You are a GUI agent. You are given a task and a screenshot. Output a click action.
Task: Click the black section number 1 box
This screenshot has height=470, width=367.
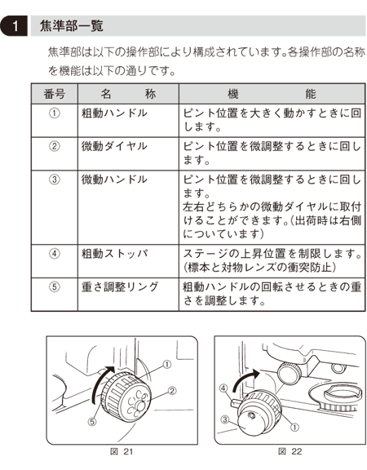pos(14,25)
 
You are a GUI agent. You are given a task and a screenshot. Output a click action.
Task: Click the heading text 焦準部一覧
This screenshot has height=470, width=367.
pos(72,25)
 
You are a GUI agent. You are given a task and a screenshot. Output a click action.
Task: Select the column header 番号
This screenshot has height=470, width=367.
pos(55,93)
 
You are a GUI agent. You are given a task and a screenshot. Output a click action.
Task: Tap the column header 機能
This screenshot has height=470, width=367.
pos(270,93)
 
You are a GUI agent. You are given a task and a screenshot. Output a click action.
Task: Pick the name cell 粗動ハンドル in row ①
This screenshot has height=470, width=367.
pos(114,113)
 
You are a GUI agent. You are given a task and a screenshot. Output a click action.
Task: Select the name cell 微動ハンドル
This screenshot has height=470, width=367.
pos(114,179)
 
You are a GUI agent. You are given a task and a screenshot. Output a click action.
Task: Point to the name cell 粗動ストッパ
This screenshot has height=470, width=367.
pos(114,253)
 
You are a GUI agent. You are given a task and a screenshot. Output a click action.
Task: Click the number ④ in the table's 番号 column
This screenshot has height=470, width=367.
pos(55,253)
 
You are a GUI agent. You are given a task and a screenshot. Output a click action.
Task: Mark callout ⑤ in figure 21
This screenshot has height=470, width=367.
pos(91,422)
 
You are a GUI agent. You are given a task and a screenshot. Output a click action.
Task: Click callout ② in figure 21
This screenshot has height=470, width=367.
pos(172,390)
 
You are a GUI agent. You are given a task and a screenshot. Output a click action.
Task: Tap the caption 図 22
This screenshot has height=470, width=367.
pos(288,450)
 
